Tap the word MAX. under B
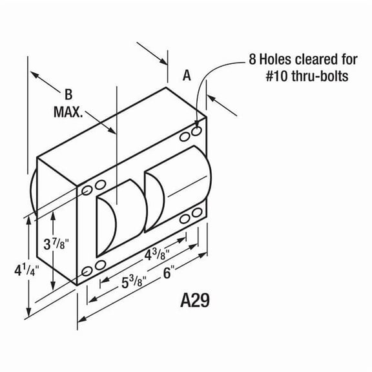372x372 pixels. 68,112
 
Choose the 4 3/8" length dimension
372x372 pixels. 157,254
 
